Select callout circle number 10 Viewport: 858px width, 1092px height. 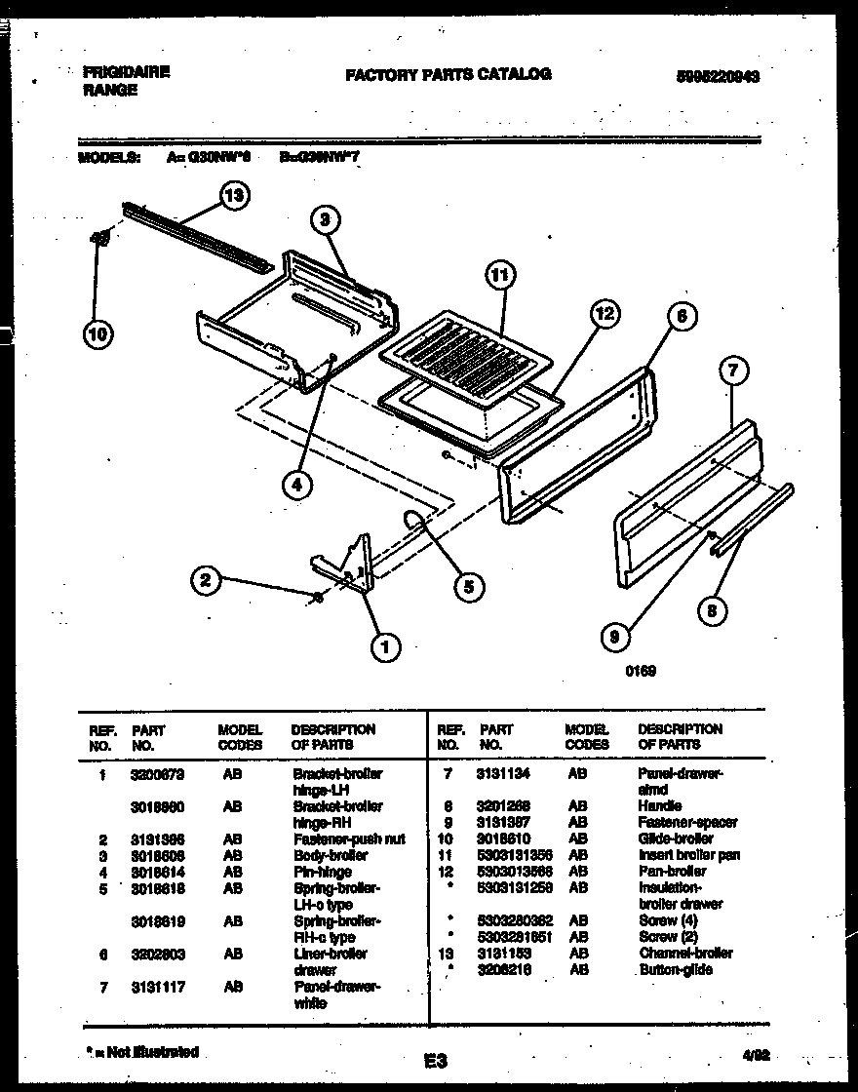[97, 334]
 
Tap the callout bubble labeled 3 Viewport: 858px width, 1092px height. [328, 220]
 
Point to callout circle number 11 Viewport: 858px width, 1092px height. [498, 276]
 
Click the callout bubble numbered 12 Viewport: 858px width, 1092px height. [604, 314]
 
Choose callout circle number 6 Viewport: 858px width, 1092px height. [681, 315]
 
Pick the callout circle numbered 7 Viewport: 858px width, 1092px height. [733, 370]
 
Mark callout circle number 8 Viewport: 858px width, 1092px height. [713, 611]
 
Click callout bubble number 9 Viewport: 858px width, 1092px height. [614, 638]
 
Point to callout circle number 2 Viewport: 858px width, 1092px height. [204, 580]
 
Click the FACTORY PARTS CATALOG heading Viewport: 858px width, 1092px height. [448, 74]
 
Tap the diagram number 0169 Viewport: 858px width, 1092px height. [641, 671]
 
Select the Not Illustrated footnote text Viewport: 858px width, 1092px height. [142, 1052]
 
